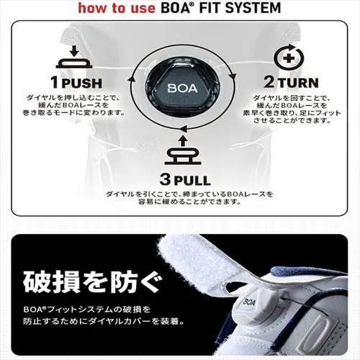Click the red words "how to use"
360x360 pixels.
coord(117,8)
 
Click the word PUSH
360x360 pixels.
coord(82,84)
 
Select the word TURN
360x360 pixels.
coord(298,83)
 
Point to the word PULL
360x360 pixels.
coord(192,181)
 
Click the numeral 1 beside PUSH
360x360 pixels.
coord(55,82)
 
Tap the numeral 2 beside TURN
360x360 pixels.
coord(269,81)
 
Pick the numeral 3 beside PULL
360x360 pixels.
coord(166,179)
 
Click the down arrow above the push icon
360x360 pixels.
coord(74,51)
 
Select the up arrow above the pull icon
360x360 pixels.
coord(183,141)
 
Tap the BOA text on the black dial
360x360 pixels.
coord(182,88)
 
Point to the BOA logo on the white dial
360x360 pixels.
coord(250,301)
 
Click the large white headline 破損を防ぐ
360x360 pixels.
coord(93,282)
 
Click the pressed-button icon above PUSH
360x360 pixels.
coord(74,63)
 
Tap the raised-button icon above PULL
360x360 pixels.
coord(183,156)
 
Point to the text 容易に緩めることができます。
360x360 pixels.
coord(189,202)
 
